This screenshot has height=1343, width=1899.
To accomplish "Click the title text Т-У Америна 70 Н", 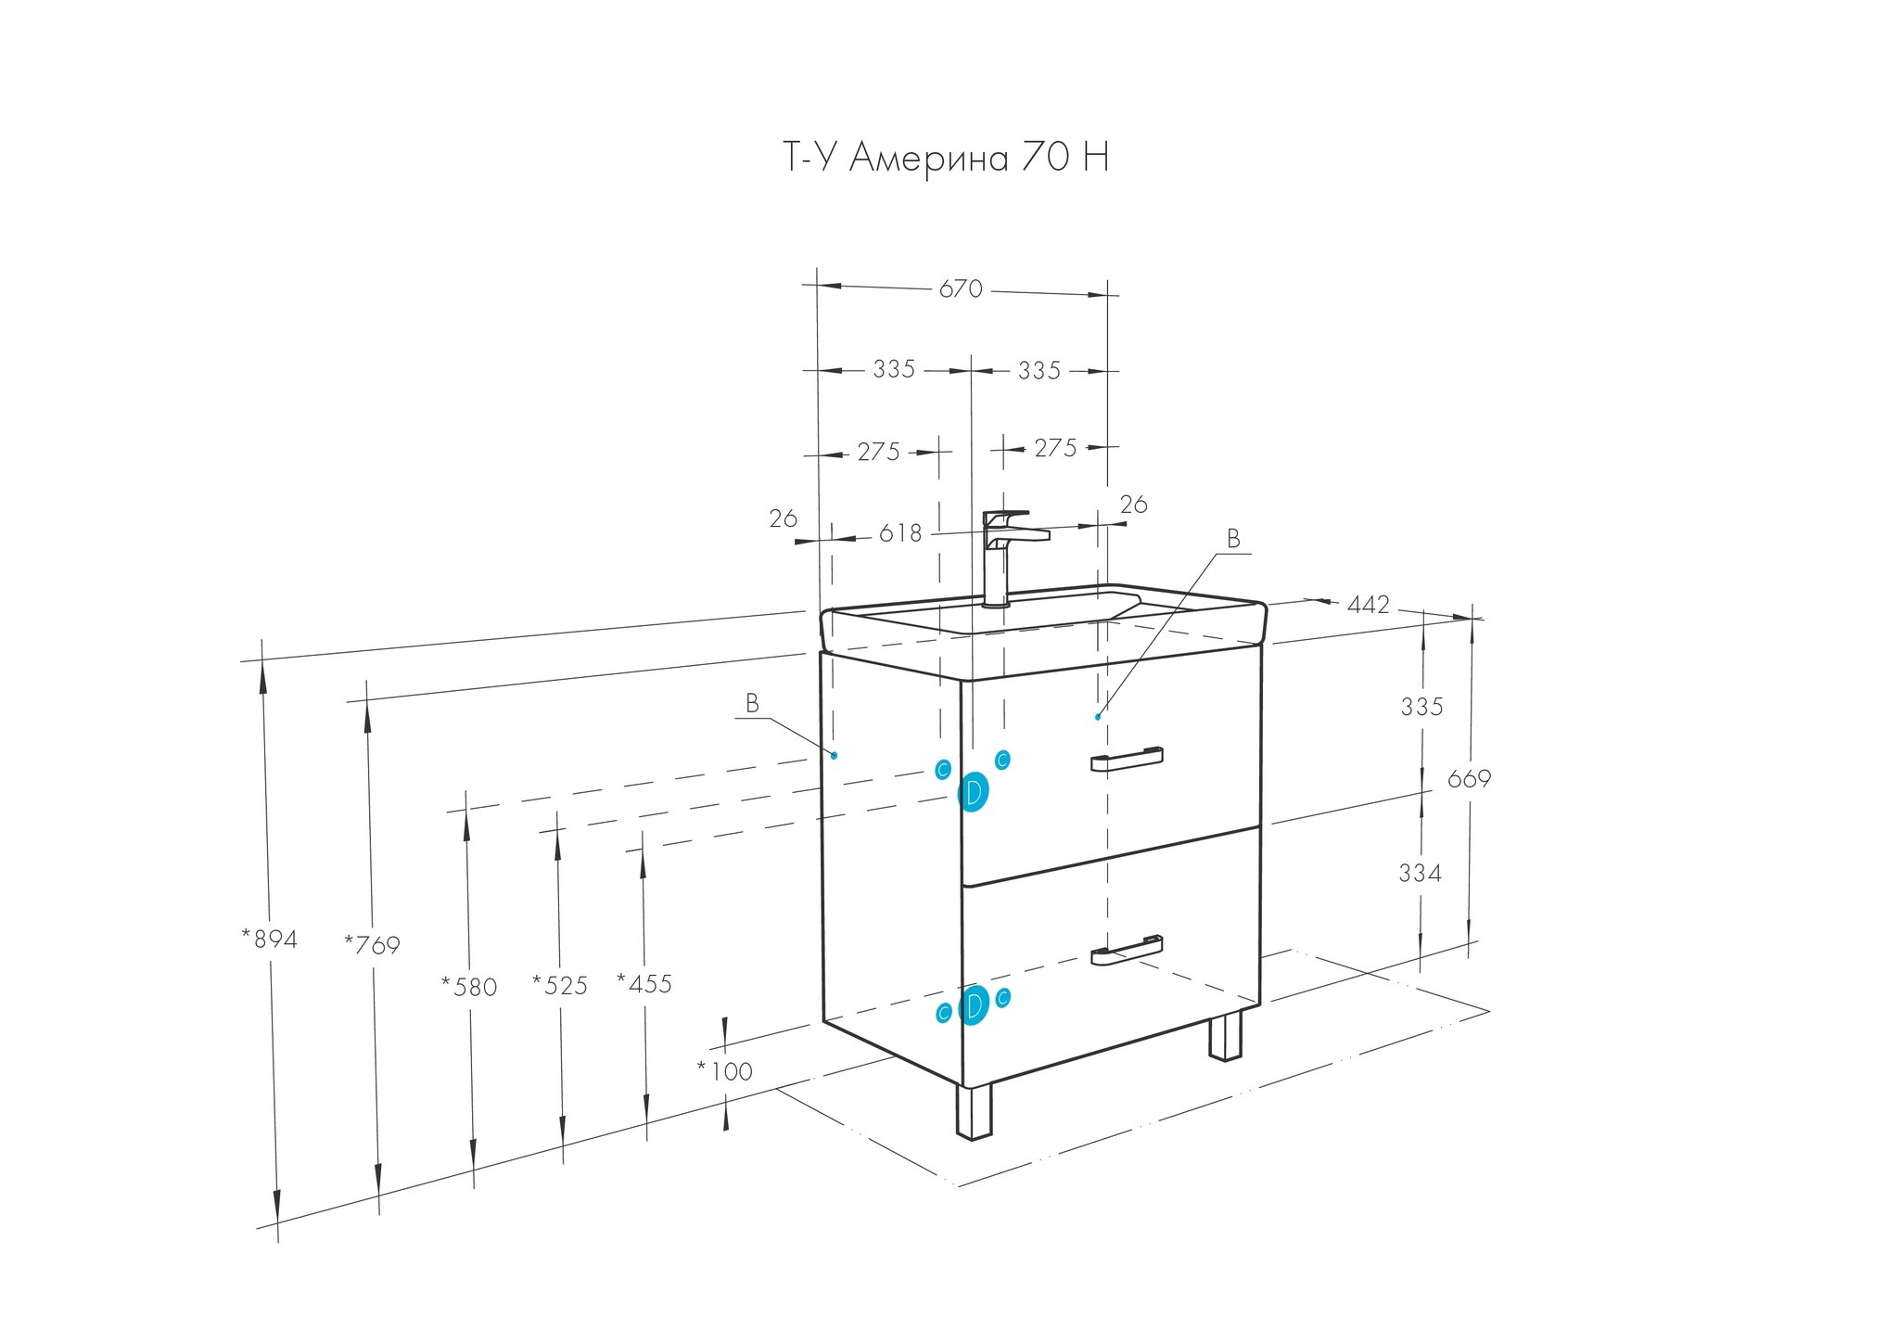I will pos(946,159).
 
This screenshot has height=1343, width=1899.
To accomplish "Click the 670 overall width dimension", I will pos(961,289).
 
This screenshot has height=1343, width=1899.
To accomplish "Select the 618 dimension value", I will pos(900,534).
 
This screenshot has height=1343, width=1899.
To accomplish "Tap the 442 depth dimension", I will pos(1369,606).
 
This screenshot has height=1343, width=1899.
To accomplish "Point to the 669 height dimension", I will pos(1469,780).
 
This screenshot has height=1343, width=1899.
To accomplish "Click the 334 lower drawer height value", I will pos(1420,874).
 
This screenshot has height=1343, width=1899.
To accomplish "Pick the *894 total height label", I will pos(270,940).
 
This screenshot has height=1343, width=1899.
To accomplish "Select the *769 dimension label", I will pos(372,946).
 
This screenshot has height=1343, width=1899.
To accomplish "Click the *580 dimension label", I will pos(469,987).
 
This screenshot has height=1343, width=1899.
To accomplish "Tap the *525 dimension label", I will pos(560,985).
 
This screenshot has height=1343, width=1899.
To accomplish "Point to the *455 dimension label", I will pos(644,983).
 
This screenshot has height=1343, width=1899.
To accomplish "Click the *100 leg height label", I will pos(725,1072).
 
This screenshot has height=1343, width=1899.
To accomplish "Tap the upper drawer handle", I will pos(1127,760).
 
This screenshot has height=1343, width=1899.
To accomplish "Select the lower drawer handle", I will pos(1127,951).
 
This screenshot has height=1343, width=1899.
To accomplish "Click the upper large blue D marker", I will pos(973,792).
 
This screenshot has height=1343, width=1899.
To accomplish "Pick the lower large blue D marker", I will pos(974,1005).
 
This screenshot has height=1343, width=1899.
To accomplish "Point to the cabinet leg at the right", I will pos(1225,1035).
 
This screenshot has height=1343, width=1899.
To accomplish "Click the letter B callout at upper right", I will pos(1233,539).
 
